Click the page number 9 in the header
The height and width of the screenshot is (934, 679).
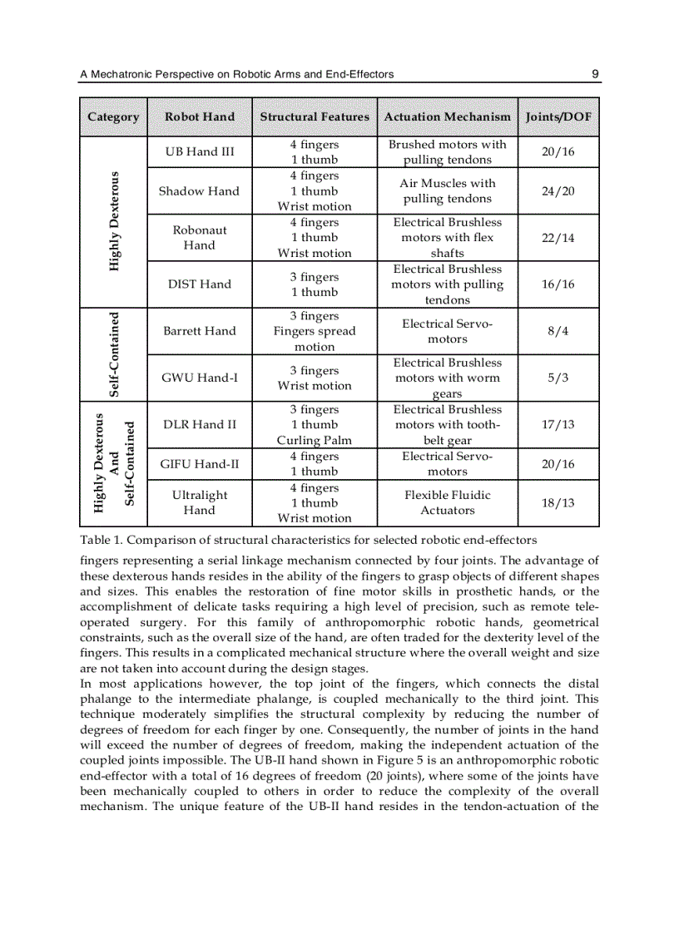595,74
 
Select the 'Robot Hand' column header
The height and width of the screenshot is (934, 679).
200,117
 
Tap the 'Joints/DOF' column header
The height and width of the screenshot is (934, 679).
558,117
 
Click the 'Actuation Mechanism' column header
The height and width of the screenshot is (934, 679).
447,117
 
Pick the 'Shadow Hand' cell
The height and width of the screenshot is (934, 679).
200,191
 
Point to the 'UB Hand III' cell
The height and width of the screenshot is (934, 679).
200,151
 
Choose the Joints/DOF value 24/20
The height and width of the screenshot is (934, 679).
558,191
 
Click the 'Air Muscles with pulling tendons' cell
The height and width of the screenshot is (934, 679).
447,191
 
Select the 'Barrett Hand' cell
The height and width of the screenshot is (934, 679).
200,331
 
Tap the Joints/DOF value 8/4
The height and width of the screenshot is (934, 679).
558,331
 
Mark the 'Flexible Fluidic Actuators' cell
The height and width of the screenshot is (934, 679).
447,502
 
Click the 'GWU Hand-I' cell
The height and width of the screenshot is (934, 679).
200,378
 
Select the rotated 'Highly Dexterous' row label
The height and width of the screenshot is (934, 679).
114,221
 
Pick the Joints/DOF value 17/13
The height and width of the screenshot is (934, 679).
558,424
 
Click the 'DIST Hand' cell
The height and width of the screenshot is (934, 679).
200,284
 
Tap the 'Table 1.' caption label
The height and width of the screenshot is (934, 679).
102,540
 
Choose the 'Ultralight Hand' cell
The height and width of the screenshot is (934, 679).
200,502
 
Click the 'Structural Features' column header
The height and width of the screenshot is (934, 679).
315,117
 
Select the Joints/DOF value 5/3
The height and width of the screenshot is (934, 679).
558,378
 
